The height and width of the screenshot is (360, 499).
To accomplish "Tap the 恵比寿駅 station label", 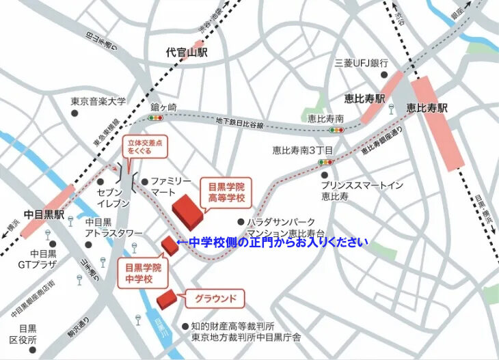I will tap(427, 108).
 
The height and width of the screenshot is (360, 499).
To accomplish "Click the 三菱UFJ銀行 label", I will tap(361, 62).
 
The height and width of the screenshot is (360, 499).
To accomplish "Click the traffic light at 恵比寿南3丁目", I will tap(324, 163).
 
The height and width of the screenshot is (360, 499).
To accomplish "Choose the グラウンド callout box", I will tap(215, 298).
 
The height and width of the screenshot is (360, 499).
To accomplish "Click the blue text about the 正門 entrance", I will tap(272, 242).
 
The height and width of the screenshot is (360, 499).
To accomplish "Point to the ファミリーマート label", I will tap(171, 187).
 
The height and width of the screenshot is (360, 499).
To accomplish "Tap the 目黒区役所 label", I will tap(27, 334).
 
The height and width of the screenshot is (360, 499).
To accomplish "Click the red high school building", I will tap(187, 211).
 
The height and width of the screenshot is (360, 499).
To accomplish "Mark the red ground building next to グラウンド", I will tap(166, 299).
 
